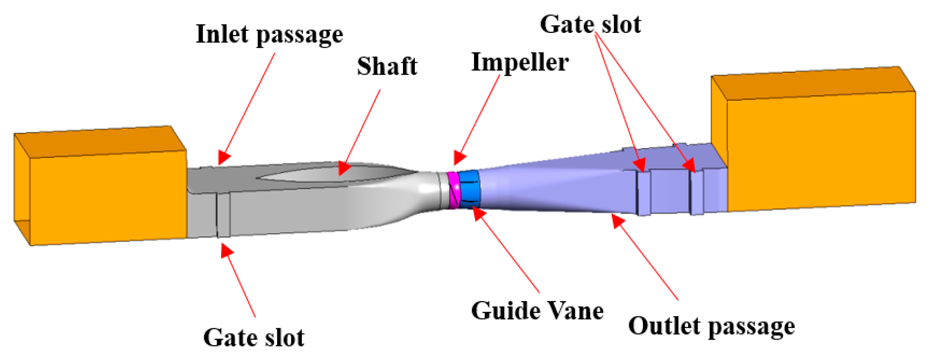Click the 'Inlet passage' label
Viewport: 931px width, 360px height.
coord(269,35)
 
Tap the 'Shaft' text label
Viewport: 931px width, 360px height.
coord(387,67)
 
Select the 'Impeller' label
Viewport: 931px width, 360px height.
coord(520,62)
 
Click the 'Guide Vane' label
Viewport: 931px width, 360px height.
coord(537,311)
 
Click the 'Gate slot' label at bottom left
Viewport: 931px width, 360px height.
coord(254,338)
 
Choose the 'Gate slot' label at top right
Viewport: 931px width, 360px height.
coord(590,25)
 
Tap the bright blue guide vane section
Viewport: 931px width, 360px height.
coord(469,189)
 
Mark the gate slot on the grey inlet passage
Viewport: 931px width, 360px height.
coord(223,215)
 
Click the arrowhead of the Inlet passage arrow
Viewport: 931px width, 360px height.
coord(224,158)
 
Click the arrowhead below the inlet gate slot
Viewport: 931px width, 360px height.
coord(227,250)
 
